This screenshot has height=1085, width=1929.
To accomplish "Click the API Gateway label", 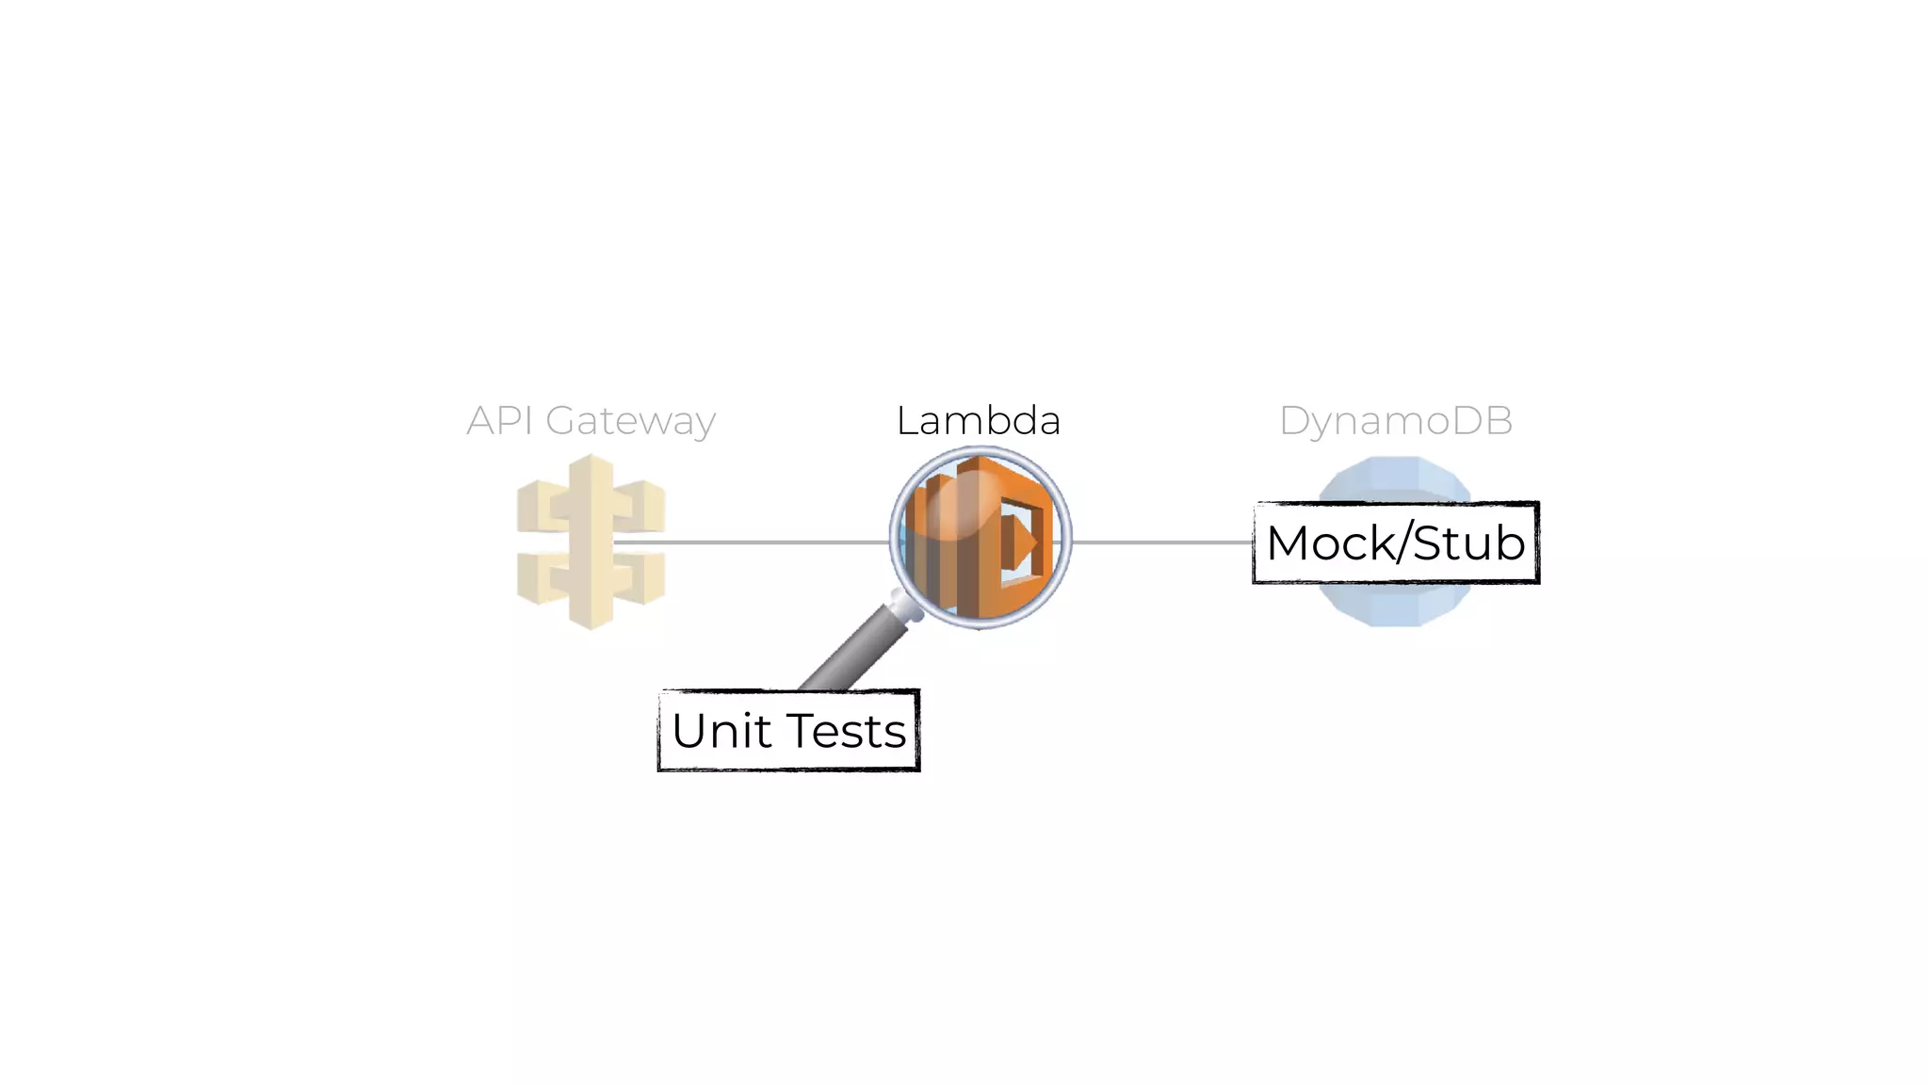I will (591, 420).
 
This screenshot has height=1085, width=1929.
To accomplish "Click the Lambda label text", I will (978, 420).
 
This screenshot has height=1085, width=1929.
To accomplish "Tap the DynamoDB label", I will (1395, 420).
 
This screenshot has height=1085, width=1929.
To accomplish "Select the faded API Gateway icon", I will (591, 542).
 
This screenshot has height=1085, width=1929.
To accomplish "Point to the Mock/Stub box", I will (1395, 542).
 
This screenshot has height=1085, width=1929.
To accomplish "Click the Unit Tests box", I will (788, 731).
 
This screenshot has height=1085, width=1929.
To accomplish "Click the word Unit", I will (721, 731).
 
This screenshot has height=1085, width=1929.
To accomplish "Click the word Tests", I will (846, 731).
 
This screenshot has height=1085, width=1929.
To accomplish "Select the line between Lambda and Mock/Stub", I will (1163, 542).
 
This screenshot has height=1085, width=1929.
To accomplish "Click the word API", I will (499, 420).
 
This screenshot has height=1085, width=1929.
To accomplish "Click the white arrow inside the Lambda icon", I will (1022, 543).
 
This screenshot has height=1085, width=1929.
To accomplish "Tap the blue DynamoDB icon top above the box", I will (1395, 478).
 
